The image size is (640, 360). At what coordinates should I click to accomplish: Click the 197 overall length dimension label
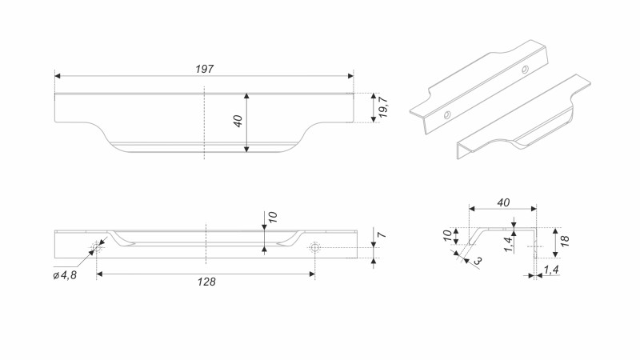click(x=204, y=70)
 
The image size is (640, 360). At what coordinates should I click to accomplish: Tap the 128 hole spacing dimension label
click(x=205, y=282)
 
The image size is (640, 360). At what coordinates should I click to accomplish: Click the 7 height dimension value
click(x=383, y=238)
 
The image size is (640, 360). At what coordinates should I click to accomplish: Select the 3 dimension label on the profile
click(x=478, y=261)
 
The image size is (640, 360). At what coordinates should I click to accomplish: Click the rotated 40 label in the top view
click(x=238, y=122)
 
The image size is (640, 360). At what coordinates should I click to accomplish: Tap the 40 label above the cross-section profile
click(x=502, y=202)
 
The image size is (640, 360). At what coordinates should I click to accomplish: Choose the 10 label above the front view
click(x=272, y=218)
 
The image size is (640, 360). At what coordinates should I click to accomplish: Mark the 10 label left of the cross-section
click(x=447, y=235)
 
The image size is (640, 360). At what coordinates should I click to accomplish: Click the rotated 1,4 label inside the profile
click(x=509, y=244)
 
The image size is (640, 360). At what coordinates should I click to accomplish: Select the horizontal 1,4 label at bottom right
click(x=551, y=272)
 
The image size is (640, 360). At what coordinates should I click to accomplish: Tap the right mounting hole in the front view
click(x=314, y=247)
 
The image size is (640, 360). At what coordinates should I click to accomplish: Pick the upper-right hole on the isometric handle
click(x=524, y=70)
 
